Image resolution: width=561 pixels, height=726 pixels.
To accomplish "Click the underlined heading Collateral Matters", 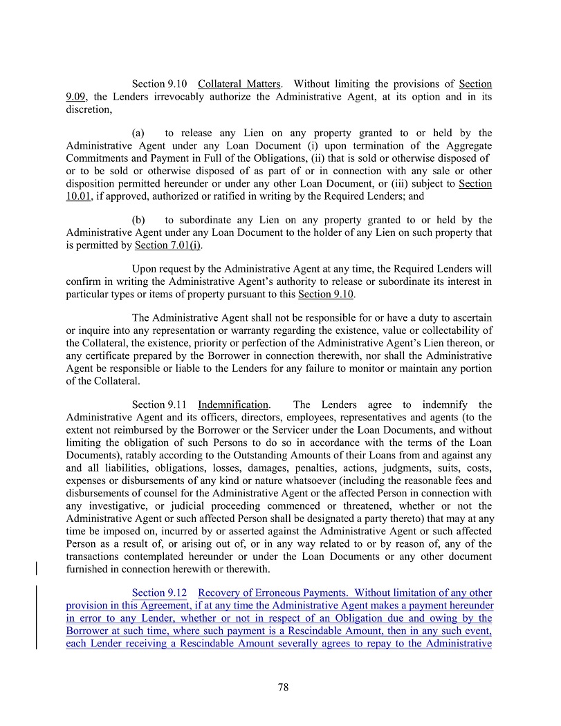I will point(239,84).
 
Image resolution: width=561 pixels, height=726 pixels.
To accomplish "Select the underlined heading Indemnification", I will point(232,404).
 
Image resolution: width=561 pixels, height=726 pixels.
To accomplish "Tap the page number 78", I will point(282,687).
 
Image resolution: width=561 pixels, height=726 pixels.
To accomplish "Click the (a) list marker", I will point(138,133).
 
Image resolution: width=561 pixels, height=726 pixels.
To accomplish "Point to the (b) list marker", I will point(138,220).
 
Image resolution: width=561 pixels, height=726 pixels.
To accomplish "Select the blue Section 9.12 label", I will point(158,593).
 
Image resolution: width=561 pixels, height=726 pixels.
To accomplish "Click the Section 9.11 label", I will point(158,404).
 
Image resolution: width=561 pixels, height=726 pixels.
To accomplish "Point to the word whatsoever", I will point(313,480).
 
